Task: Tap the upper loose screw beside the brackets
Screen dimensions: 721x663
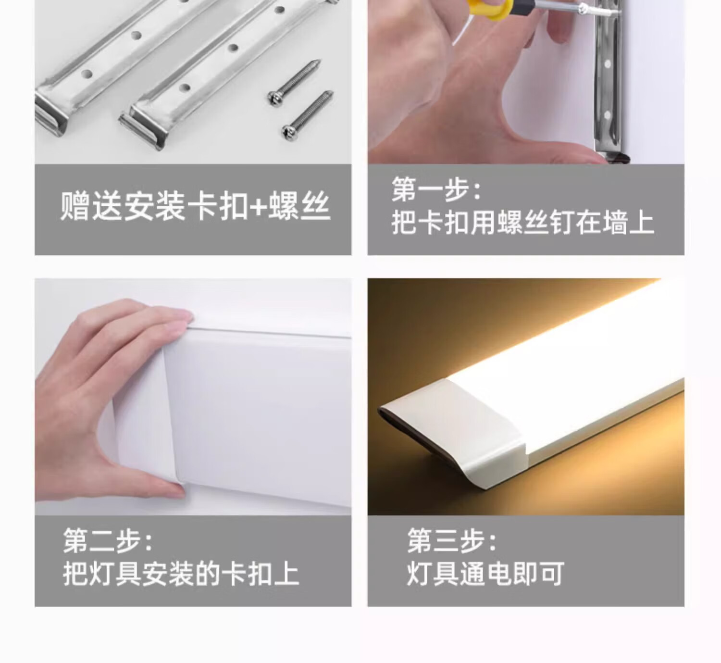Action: [x=295, y=82]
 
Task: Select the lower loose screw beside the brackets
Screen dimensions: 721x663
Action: [x=308, y=116]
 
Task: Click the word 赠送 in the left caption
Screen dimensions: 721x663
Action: [x=90, y=206]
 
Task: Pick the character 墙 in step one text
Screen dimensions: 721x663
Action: [x=615, y=223]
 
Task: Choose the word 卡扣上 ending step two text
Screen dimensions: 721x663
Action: [x=259, y=574]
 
